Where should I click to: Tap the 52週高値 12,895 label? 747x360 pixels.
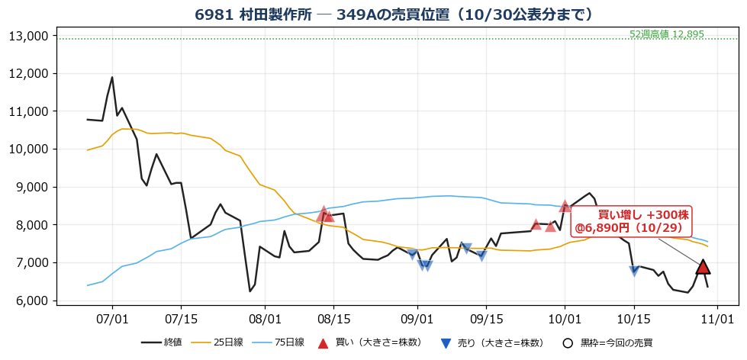[x=666, y=34]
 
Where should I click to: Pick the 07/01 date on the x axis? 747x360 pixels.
[x=112, y=317]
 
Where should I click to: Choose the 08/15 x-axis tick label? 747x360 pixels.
[x=333, y=317]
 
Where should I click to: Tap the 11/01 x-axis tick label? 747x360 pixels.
[x=717, y=317]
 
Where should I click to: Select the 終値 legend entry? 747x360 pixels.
[x=162, y=342]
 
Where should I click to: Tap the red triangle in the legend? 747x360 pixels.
[x=324, y=342]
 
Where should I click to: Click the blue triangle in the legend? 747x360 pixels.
[x=446, y=343]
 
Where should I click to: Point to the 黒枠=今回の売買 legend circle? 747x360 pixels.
[x=567, y=343]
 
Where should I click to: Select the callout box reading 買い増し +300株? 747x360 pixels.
[x=631, y=220]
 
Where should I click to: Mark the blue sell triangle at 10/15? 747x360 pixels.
[x=633, y=271]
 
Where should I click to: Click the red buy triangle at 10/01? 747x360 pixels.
[x=565, y=206]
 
